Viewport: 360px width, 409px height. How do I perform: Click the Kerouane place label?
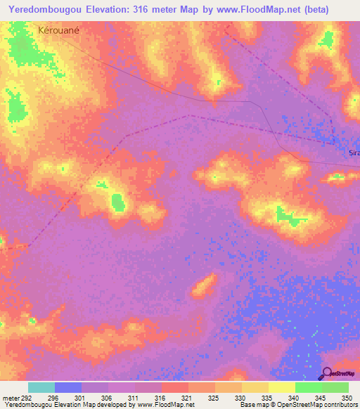pyautogui.click(x=61, y=31)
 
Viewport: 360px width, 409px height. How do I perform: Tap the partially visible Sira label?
pyautogui.click(x=354, y=152)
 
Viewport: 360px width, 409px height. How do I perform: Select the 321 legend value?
pyautogui.click(x=187, y=397)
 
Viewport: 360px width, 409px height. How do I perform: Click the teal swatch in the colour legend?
pyautogui.click(x=41, y=387)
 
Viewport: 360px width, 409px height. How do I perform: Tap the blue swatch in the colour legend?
pyautogui.click(x=68, y=387)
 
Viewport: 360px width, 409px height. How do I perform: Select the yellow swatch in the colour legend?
pyautogui.click(x=281, y=387)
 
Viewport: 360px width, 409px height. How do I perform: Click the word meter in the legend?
pyautogui.click(x=11, y=397)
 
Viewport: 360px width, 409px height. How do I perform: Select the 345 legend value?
pyautogui.click(x=321, y=397)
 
